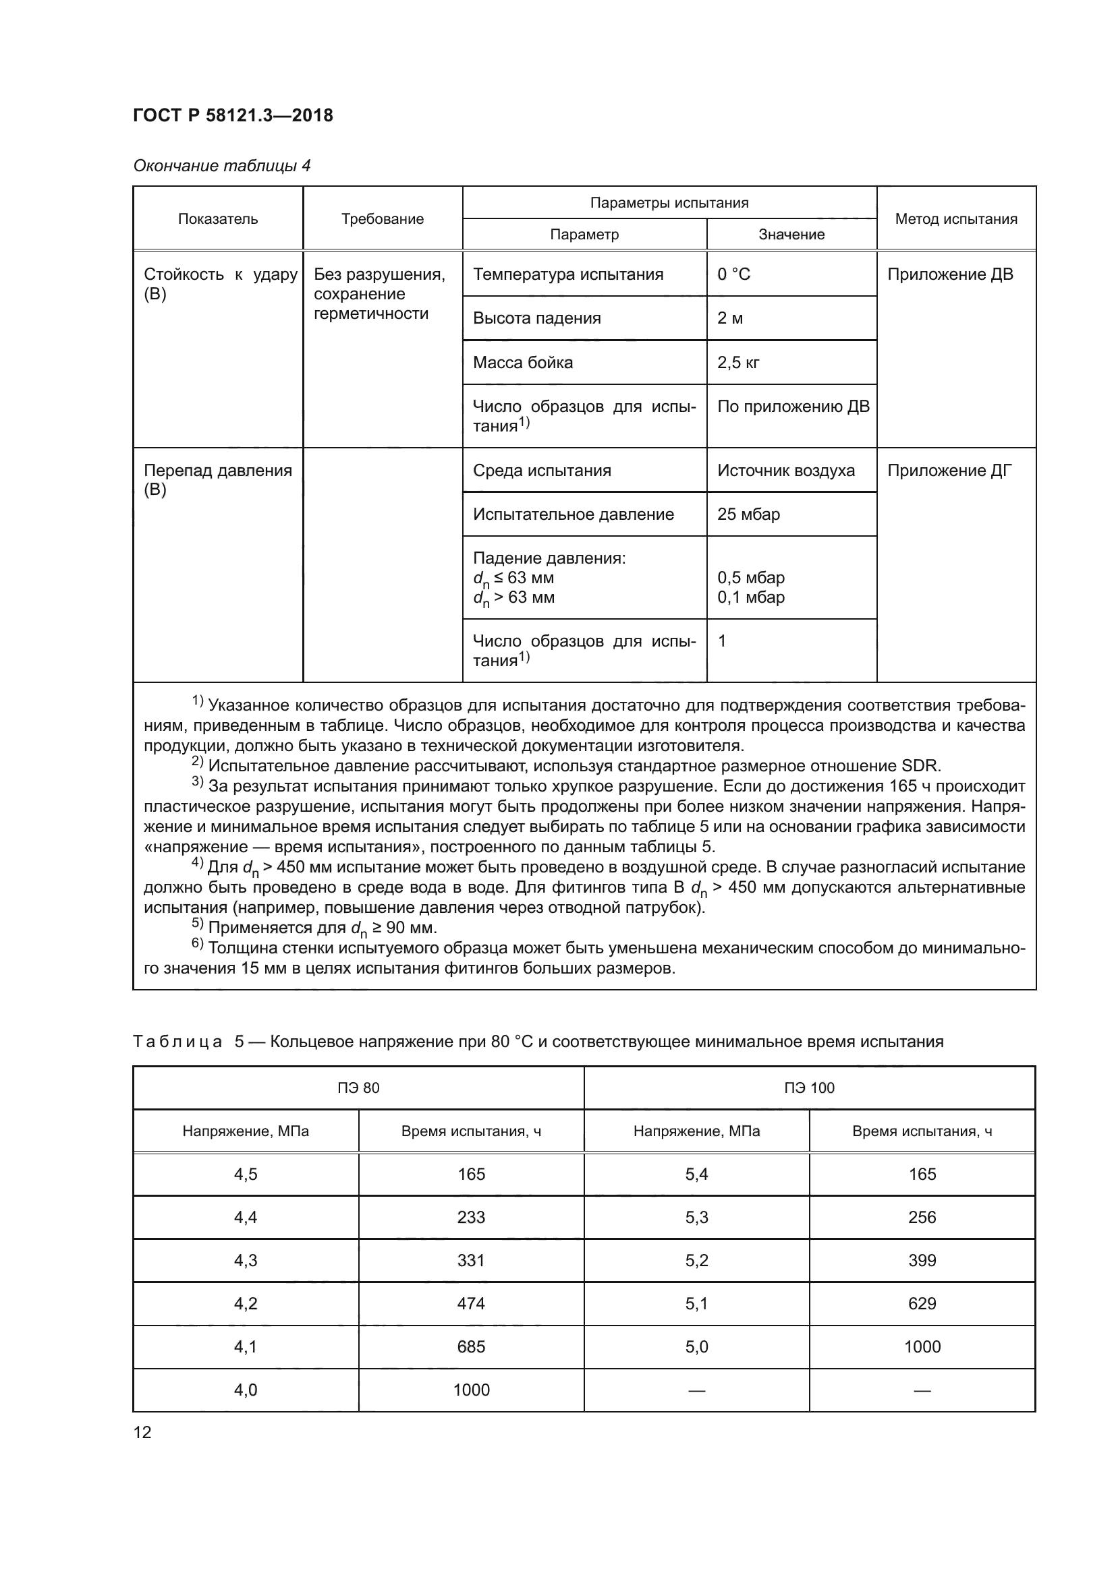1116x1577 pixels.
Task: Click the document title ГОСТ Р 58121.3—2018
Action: (233, 115)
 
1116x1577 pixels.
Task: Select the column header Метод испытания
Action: (956, 219)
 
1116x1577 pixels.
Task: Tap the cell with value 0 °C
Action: (734, 274)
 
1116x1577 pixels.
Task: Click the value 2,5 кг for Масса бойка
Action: (738, 363)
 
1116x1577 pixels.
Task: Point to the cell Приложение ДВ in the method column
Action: (950, 274)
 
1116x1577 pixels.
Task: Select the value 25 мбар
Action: (748, 514)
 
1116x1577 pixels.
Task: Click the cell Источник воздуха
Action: (785, 471)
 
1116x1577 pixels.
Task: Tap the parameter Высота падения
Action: (536, 319)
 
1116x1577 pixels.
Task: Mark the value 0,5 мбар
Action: (750, 578)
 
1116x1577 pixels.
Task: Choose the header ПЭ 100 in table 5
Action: (809, 1088)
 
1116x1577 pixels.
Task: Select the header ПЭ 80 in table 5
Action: (358, 1088)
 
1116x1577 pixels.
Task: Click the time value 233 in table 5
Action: (471, 1218)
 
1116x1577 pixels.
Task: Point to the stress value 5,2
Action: (696, 1261)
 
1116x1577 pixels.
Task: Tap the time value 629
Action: (922, 1305)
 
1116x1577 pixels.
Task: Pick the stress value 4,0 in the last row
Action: (246, 1391)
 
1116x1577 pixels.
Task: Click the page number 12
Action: (142, 1433)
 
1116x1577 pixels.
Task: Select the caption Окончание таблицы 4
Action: (221, 167)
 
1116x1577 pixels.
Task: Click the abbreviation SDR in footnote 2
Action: (921, 766)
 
